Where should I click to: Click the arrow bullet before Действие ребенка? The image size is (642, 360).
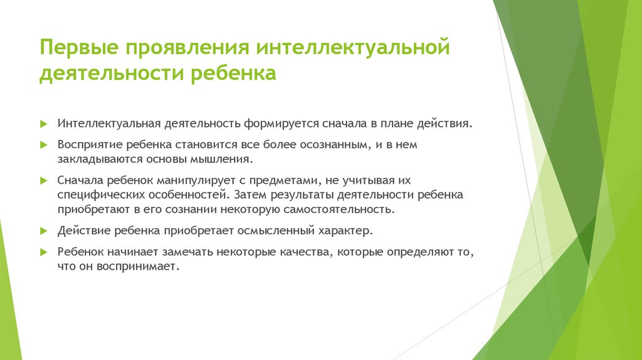tap(43, 231)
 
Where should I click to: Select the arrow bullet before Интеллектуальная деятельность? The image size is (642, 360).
tap(43, 123)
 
